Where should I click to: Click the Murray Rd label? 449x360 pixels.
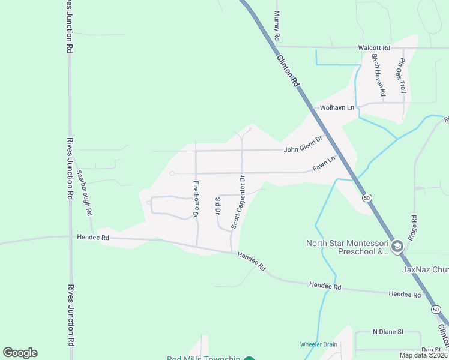click(x=277, y=26)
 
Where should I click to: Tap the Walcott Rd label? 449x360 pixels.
click(x=374, y=47)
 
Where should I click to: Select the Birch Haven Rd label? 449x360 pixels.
click(x=378, y=76)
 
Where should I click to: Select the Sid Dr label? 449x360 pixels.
click(x=218, y=205)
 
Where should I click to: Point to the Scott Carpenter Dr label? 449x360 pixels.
click(x=239, y=202)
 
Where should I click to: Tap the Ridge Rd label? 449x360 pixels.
click(x=412, y=229)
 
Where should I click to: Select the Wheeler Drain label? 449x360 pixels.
click(x=319, y=344)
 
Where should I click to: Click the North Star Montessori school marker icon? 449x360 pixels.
click(x=397, y=247)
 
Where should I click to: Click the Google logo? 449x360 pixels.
click(x=20, y=353)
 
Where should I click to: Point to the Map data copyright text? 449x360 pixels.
click(x=424, y=355)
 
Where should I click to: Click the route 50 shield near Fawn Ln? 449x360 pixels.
click(x=366, y=197)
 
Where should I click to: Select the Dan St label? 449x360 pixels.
click(x=430, y=349)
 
